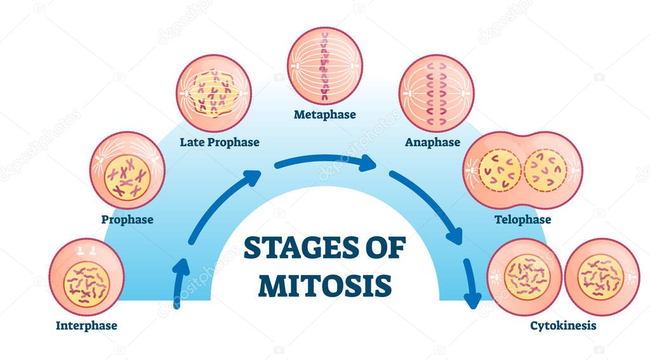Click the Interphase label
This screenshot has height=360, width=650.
[86, 326]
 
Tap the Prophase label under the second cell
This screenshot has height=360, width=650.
[127, 220]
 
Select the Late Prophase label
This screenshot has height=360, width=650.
[219, 142]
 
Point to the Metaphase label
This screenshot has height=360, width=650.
[324, 115]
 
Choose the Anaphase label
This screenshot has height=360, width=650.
[432, 142]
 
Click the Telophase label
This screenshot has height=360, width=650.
[522, 220]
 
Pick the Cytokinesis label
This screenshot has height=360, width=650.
[563, 326]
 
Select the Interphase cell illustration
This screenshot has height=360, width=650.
[86, 276]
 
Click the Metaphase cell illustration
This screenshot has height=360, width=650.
[324, 65]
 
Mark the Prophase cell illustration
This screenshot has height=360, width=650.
[127, 170]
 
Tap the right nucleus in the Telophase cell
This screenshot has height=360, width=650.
[545, 170]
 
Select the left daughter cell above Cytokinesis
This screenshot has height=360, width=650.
[524, 276]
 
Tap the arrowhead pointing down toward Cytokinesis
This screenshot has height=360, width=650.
[473, 298]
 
